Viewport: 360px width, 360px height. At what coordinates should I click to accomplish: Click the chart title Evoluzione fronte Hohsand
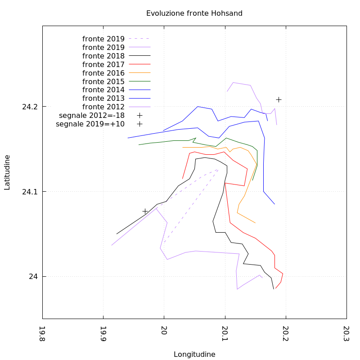point(194,13)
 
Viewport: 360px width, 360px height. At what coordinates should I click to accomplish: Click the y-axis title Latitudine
point(7,172)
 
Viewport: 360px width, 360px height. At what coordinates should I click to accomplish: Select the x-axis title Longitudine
point(194,354)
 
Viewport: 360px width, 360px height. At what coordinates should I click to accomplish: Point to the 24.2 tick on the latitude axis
point(30,107)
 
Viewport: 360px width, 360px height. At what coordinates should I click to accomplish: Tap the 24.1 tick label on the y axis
point(30,192)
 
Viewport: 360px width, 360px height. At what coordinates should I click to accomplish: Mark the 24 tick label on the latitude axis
point(34,276)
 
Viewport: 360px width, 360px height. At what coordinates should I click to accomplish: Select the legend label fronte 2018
point(103,56)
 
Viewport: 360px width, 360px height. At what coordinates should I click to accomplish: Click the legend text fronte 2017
point(103,65)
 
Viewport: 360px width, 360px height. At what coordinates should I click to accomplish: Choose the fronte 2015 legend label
point(103,81)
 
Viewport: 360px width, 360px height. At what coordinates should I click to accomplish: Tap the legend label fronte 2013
point(103,98)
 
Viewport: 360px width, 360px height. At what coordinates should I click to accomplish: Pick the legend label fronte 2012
point(103,107)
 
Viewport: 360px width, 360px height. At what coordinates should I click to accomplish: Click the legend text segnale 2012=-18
point(92,115)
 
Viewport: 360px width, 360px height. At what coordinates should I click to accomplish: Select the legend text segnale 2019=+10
point(90,124)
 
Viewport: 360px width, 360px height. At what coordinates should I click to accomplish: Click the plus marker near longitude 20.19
point(279,99)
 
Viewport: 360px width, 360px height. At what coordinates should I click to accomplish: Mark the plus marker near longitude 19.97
point(145,211)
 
